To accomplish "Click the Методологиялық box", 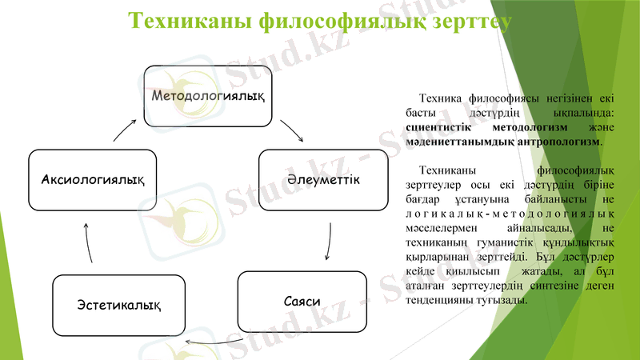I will coord(208,95).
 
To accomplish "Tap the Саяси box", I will coord(302,302).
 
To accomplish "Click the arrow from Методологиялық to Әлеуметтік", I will coord(291,131).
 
